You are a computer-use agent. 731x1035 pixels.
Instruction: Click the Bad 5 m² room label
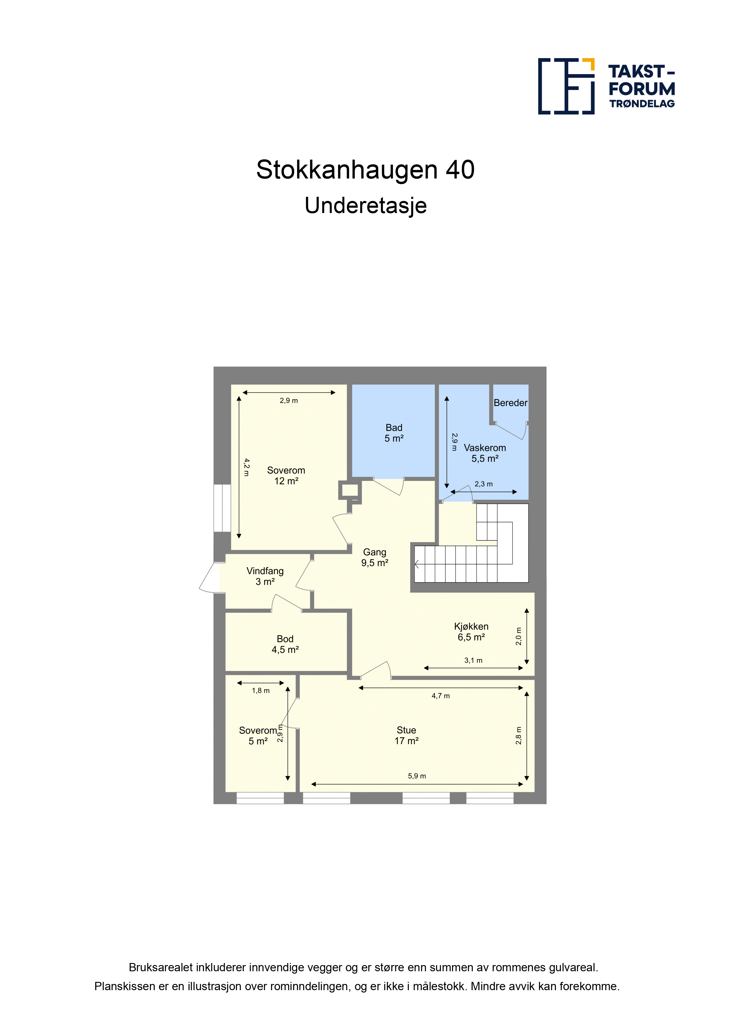coord(394,433)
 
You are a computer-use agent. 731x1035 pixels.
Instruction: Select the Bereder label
coord(510,402)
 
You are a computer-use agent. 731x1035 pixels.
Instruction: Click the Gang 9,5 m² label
coord(374,557)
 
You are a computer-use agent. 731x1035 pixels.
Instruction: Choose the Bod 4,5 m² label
coord(285,644)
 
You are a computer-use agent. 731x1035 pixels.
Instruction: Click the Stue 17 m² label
coord(406,735)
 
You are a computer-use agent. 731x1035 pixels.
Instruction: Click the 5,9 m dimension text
coord(416,776)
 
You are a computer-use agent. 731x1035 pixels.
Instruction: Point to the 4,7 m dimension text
coord(440,696)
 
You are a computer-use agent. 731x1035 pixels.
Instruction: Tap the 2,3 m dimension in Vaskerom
coord(483,484)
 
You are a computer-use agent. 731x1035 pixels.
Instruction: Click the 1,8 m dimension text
coord(260,690)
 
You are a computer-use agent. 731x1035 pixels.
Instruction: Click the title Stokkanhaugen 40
coord(365,169)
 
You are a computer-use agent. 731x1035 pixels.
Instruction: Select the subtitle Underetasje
coord(365,206)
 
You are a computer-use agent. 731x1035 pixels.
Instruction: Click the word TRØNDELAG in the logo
coord(642,104)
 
